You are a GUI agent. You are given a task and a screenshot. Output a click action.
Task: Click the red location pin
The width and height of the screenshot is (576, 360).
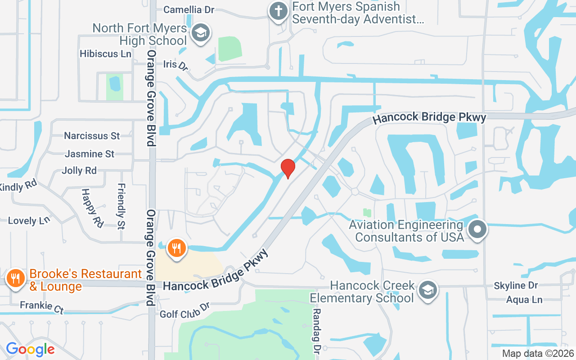[288, 168]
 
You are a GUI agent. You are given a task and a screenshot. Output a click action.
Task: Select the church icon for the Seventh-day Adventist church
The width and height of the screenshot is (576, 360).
[279, 11]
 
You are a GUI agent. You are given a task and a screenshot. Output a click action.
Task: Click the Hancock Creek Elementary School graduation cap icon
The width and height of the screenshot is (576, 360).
[427, 290]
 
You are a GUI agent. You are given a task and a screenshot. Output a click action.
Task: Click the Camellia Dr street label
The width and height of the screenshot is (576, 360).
[189, 9]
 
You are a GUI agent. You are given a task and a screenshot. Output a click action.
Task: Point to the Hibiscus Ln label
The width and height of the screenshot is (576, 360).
[106, 54]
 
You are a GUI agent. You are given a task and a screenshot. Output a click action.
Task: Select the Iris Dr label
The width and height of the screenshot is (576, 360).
[175, 65]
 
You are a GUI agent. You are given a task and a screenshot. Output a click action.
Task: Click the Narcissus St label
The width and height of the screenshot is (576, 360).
[92, 135]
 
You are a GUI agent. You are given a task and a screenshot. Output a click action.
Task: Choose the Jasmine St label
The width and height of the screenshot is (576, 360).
[90, 154]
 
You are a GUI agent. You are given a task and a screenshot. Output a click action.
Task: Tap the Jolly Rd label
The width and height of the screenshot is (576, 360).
[79, 171]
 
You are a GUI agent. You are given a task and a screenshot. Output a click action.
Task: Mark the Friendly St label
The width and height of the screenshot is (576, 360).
[121, 206]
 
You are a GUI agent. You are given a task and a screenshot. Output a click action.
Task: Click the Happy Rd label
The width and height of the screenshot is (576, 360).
[92, 207]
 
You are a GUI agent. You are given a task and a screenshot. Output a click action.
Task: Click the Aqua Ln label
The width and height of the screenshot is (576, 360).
[524, 300]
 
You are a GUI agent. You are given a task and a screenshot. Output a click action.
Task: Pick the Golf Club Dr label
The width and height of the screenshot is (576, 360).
[185, 311]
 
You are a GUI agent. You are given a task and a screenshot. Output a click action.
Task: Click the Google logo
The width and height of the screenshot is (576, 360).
[30, 349]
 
